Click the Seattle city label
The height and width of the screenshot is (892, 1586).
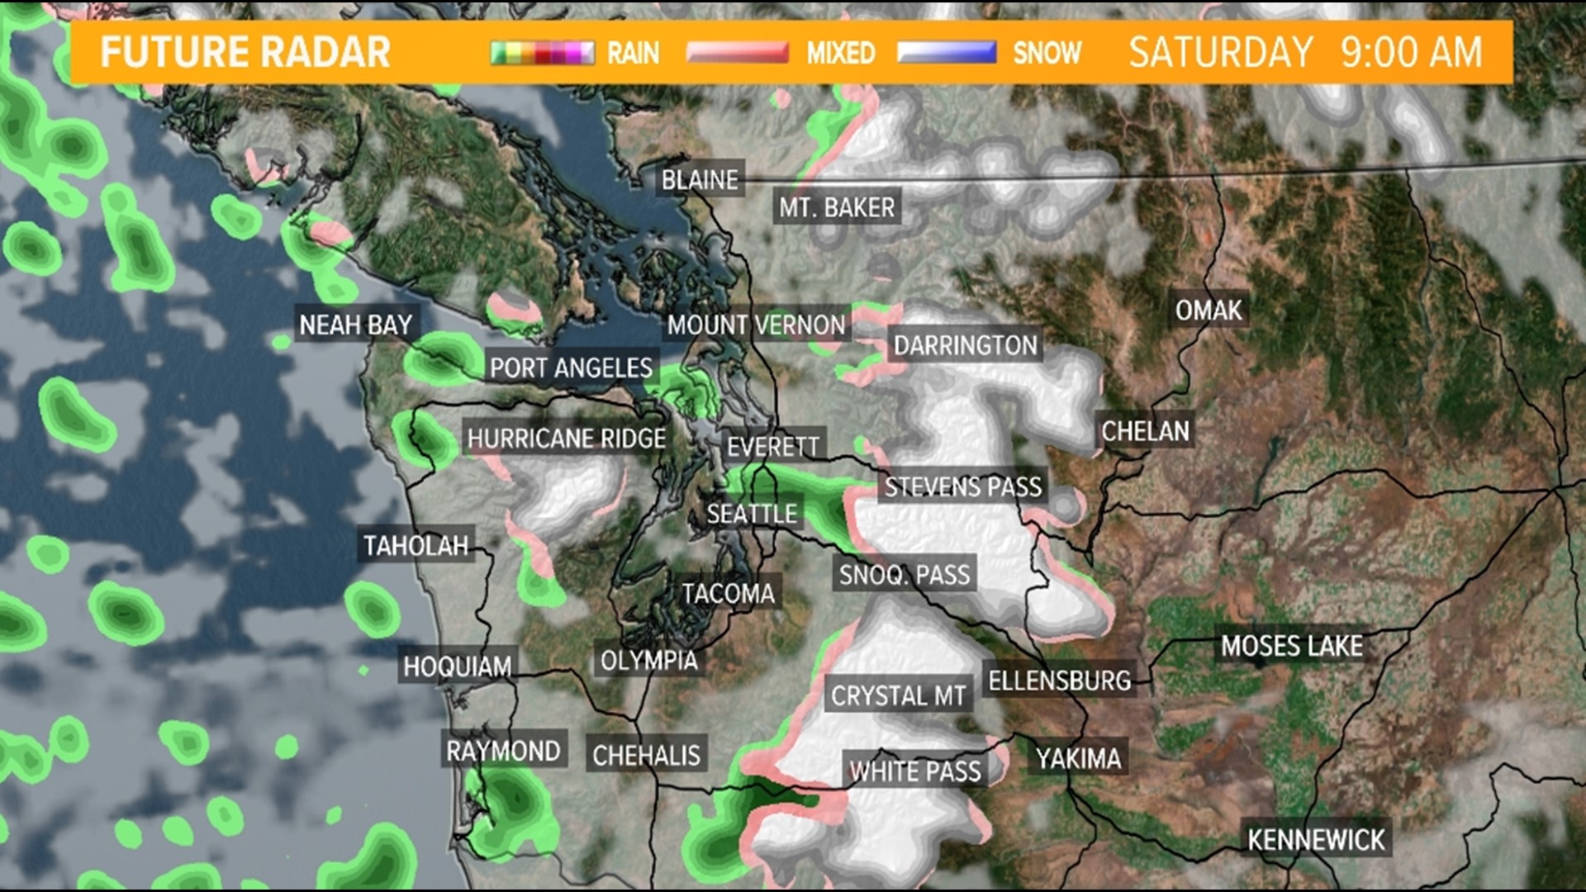click(752, 514)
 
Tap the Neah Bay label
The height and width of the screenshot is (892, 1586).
click(355, 325)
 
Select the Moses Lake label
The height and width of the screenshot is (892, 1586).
click(1291, 646)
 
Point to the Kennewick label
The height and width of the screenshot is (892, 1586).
click(1316, 840)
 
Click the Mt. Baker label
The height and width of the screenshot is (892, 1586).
click(837, 207)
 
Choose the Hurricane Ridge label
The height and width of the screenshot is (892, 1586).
click(567, 439)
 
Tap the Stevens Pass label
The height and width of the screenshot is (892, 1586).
click(963, 486)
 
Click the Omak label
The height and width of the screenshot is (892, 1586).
click(1208, 311)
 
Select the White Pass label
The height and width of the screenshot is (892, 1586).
click(915, 771)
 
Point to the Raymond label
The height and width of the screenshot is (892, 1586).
click(503, 751)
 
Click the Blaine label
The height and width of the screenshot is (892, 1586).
click(700, 180)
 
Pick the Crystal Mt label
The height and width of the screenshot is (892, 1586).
click(898, 696)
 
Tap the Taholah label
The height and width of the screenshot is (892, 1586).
click(415, 545)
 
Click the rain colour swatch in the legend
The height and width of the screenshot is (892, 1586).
click(542, 53)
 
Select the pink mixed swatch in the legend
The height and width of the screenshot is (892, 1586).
click(738, 53)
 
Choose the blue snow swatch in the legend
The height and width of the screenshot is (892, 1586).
click(947, 53)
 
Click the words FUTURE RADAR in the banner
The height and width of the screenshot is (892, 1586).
click(245, 52)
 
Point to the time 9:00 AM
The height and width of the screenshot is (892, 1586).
click(1411, 52)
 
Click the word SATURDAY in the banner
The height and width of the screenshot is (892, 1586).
click(1221, 52)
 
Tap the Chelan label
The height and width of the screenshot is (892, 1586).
click(1145, 430)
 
